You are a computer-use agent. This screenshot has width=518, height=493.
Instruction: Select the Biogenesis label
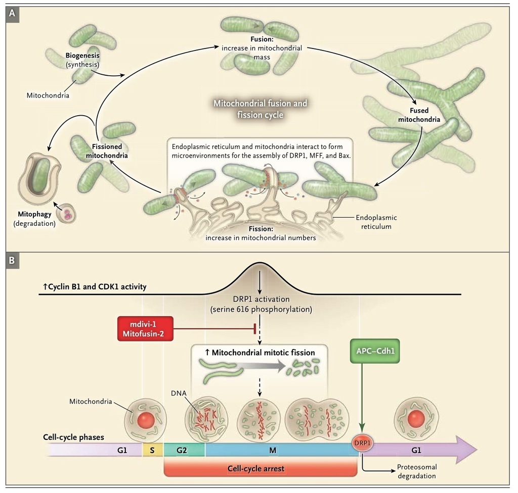[x=82, y=59]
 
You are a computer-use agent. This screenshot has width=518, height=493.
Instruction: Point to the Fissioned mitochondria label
[x=106, y=151]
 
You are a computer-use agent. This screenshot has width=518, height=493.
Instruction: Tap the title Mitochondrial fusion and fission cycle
[x=260, y=109]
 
